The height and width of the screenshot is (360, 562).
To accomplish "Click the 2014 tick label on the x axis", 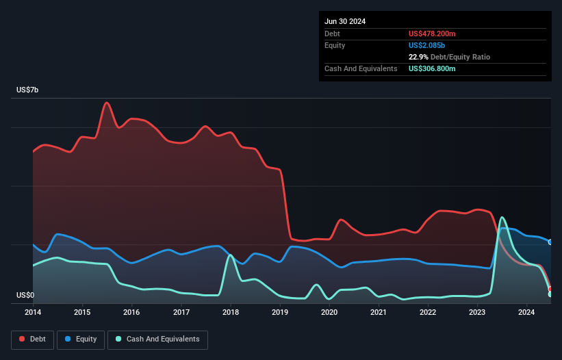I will tap(33, 313).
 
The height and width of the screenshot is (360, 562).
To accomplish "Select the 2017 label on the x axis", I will tap(181, 313).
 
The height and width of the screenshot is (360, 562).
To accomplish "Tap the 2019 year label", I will tap(280, 313).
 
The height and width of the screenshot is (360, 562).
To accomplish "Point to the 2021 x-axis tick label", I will tap(379, 313).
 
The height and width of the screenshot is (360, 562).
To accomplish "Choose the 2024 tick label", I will tap(526, 313).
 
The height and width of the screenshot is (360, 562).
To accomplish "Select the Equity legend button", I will tap(81, 339).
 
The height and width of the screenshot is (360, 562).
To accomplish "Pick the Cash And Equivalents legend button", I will tap(157, 339).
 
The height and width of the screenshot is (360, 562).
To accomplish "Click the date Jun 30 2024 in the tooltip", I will tap(345, 21).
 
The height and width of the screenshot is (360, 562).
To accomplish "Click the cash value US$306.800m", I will tap(432, 68).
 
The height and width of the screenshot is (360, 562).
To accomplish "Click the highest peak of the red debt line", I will tap(107, 103).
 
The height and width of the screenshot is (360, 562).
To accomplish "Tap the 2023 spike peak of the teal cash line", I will tap(502, 217).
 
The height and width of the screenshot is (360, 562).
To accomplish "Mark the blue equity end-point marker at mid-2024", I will tap(550, 242).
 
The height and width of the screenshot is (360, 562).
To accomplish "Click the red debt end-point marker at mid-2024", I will tap(550, 289).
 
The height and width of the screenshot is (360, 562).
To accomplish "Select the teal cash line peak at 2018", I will tap(231, 255).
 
